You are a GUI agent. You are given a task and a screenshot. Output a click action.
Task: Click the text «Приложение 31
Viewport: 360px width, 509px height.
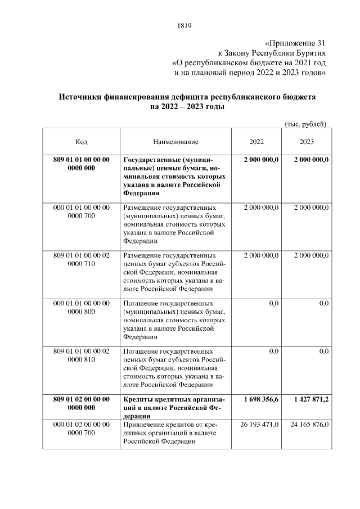tap(295, 43)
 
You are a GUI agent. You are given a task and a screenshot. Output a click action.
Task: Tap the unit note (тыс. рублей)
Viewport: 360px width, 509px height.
tap(305, 124)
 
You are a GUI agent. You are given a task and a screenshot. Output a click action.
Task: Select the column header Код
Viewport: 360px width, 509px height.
tap(81, 142)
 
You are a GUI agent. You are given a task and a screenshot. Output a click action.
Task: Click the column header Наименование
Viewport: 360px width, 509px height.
tap(175, 142)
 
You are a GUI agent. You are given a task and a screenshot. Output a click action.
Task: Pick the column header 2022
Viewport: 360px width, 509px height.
tap(256, 142)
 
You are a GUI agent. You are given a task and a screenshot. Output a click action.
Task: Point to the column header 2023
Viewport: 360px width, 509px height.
tap(307, 142)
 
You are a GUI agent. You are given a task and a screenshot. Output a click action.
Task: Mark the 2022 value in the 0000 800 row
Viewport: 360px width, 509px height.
tap(274, 303)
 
